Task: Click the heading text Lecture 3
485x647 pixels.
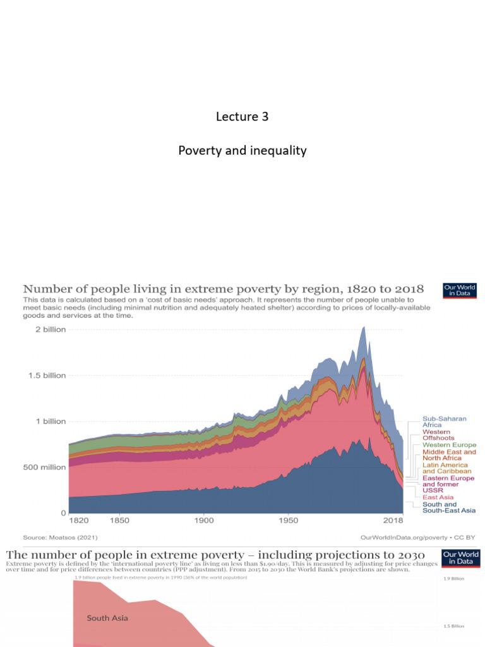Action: click(237, 116)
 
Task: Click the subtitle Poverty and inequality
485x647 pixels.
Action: click(242, 150)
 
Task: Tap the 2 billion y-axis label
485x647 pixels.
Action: click(45, 330)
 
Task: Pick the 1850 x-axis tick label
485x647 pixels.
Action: click(119, 521)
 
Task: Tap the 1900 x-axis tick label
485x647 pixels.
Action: click(203, 521)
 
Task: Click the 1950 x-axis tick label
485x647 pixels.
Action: click(288, 521)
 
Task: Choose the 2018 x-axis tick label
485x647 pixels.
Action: click(394, 521)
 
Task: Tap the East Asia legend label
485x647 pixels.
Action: click(438, 497)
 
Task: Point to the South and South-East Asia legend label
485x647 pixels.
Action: click(449, 507)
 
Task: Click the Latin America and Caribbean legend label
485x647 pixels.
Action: click(446, 468)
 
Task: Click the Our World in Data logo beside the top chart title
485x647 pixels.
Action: click(460, 289)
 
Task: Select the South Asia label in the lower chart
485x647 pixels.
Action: click(107, 618)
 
